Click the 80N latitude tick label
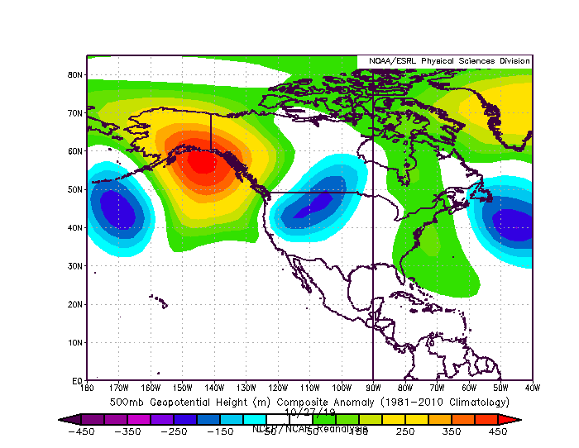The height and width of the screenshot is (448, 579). pos(74,74)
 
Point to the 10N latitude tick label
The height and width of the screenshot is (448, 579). pos(74,342)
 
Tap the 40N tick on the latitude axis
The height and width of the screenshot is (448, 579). pos(74,227)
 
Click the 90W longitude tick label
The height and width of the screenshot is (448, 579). pos(373,387)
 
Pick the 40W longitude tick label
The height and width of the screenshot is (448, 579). pos(532,387)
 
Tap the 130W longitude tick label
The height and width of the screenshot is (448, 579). pos(246,387)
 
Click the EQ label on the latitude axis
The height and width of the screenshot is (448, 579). pos(76,380)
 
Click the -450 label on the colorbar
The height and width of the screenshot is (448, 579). pos(80,431)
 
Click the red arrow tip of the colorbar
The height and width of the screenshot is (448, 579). pos(516,419)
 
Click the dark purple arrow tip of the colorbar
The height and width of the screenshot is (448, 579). pos(64,419)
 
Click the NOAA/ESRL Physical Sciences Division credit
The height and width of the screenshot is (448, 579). pos(445,61)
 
